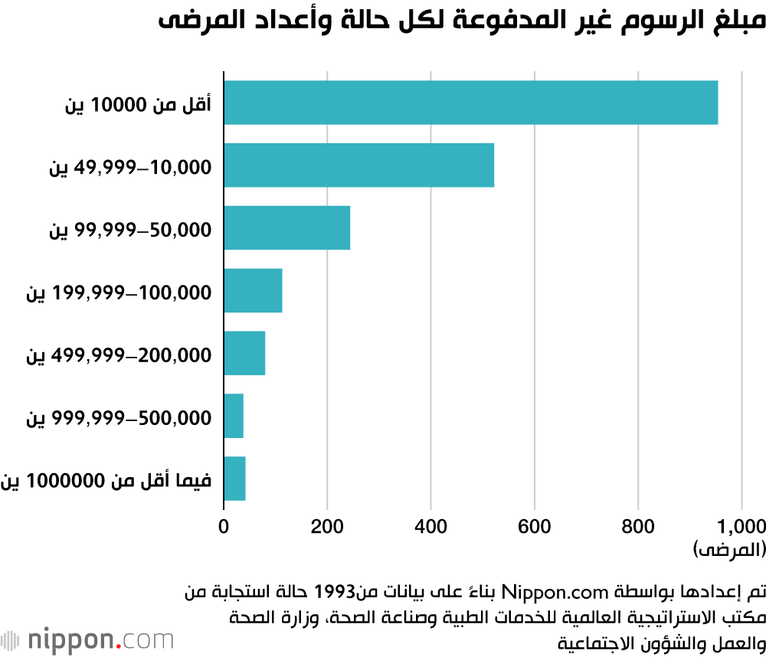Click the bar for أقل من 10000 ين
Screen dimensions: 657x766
click(470, 103)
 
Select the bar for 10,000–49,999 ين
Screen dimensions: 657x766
click(358, 165)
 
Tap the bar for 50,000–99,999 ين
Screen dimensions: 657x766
click(286, 228)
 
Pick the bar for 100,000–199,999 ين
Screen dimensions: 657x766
click(253, 291)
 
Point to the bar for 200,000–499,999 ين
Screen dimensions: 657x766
click(244, 354)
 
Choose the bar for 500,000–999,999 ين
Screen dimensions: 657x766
click(234, 417)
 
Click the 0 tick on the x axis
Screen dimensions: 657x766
click(224, 526)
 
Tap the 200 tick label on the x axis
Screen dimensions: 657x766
click(327, 526)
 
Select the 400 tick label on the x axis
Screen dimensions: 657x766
click(430, 526)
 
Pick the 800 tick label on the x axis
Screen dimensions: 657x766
click(637, 526)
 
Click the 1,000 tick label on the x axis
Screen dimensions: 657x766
click(741, 526)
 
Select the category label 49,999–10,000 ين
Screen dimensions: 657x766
click(130, 166)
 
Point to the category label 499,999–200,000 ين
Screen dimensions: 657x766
click(119, 355)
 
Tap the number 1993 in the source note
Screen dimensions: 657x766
click(335, 592)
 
